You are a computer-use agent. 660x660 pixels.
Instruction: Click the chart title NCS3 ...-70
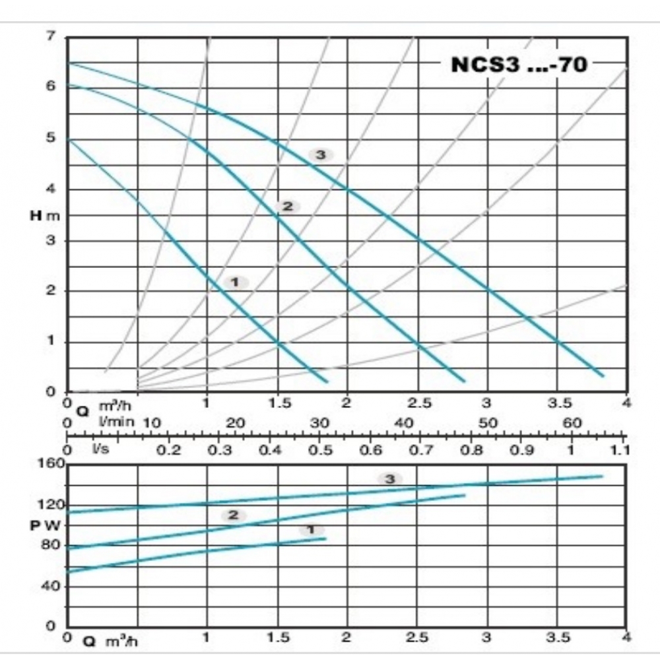519,65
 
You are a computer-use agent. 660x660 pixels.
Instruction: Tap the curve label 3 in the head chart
321,154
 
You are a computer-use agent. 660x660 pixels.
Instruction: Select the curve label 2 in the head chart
287,207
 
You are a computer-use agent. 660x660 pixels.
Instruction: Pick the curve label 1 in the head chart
235,282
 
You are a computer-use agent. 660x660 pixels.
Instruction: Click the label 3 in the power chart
389,478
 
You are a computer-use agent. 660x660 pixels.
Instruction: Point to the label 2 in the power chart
232,515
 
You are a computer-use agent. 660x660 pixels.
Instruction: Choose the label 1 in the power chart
312,529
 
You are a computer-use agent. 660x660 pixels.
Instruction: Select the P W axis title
47,525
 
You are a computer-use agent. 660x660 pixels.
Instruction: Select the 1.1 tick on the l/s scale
621,450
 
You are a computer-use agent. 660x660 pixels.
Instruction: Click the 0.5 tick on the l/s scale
321,450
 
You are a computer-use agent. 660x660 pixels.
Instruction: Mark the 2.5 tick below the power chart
417,638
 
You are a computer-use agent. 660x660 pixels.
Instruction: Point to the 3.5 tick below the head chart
557,403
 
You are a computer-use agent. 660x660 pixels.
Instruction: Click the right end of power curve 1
325,539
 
